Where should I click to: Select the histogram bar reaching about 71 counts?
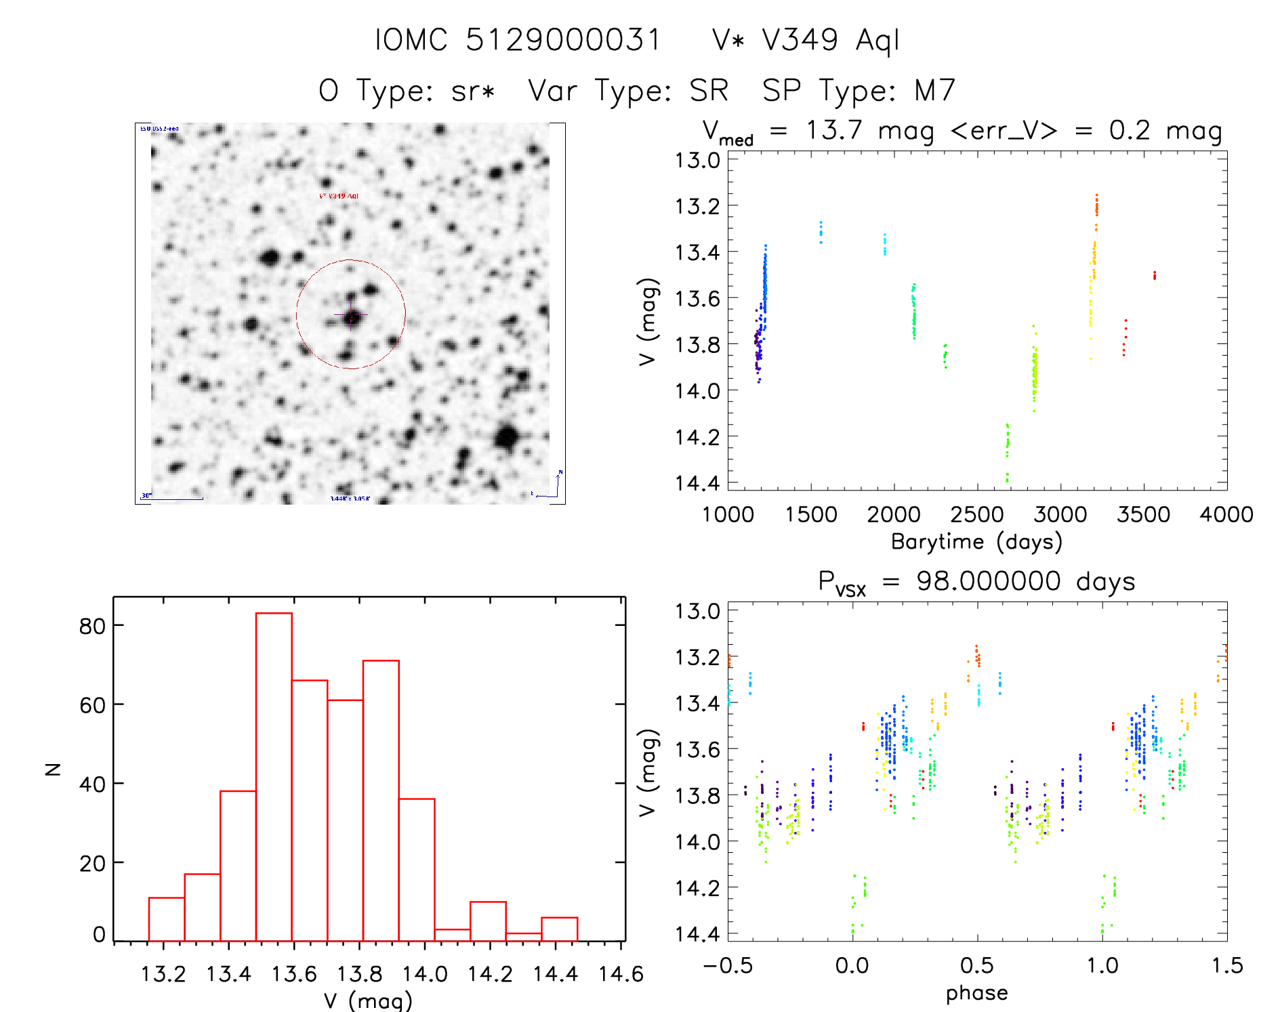tap(381, 799)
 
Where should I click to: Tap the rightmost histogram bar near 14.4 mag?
tap(559, 929)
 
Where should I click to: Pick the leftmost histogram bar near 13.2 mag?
tap(167, 919)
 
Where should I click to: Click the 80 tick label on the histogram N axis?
tap(92, 626)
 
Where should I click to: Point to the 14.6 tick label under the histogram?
tap(621, 974)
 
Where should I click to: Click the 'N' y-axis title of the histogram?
tap(53, 769)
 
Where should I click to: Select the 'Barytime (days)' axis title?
tap(976, 542)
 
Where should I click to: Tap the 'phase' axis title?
tap(976, 993)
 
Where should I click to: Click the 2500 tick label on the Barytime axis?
tap(976, 515)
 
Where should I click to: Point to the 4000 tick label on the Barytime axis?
tap(1226, 515)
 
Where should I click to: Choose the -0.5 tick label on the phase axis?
tap(727, 966)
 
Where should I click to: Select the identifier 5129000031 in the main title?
tap(562, 40)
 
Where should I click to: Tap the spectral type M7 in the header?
tap(934, 91)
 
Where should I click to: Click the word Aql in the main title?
tap(878, 41)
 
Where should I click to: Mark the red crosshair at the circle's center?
tap(351, 315)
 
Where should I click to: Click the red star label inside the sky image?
tap(339, 196)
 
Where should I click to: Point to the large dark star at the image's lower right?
tap(507, 438)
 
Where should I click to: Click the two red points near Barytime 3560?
tap(1154, 275)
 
